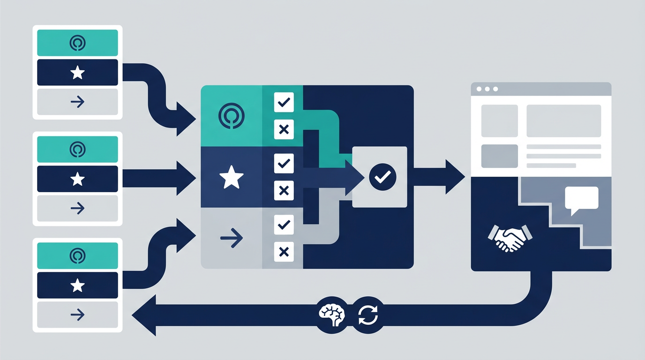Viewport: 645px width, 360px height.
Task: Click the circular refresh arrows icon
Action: (367, 314)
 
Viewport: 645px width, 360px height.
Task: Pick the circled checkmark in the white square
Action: (382, 177)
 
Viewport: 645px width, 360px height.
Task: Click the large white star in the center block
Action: (232, 178)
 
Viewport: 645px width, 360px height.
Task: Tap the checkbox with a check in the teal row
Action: (284, 102)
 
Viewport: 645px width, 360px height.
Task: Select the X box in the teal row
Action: (284, 129)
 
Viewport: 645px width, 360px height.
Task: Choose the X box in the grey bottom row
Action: (284, 252)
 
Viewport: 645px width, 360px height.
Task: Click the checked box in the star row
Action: (284, 164)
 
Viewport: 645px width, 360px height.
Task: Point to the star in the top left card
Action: (77, 73)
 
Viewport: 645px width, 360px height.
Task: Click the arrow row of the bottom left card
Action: (77, 315)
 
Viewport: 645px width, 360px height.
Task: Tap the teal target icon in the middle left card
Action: (77, 150)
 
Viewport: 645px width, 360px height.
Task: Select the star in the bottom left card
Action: (77, 285)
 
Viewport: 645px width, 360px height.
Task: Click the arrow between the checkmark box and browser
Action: (439, 177)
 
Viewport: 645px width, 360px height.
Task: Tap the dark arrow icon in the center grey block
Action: (232, 238)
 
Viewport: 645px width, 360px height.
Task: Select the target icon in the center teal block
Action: (232, 115)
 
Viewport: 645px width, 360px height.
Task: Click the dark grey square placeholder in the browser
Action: (500, 156)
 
